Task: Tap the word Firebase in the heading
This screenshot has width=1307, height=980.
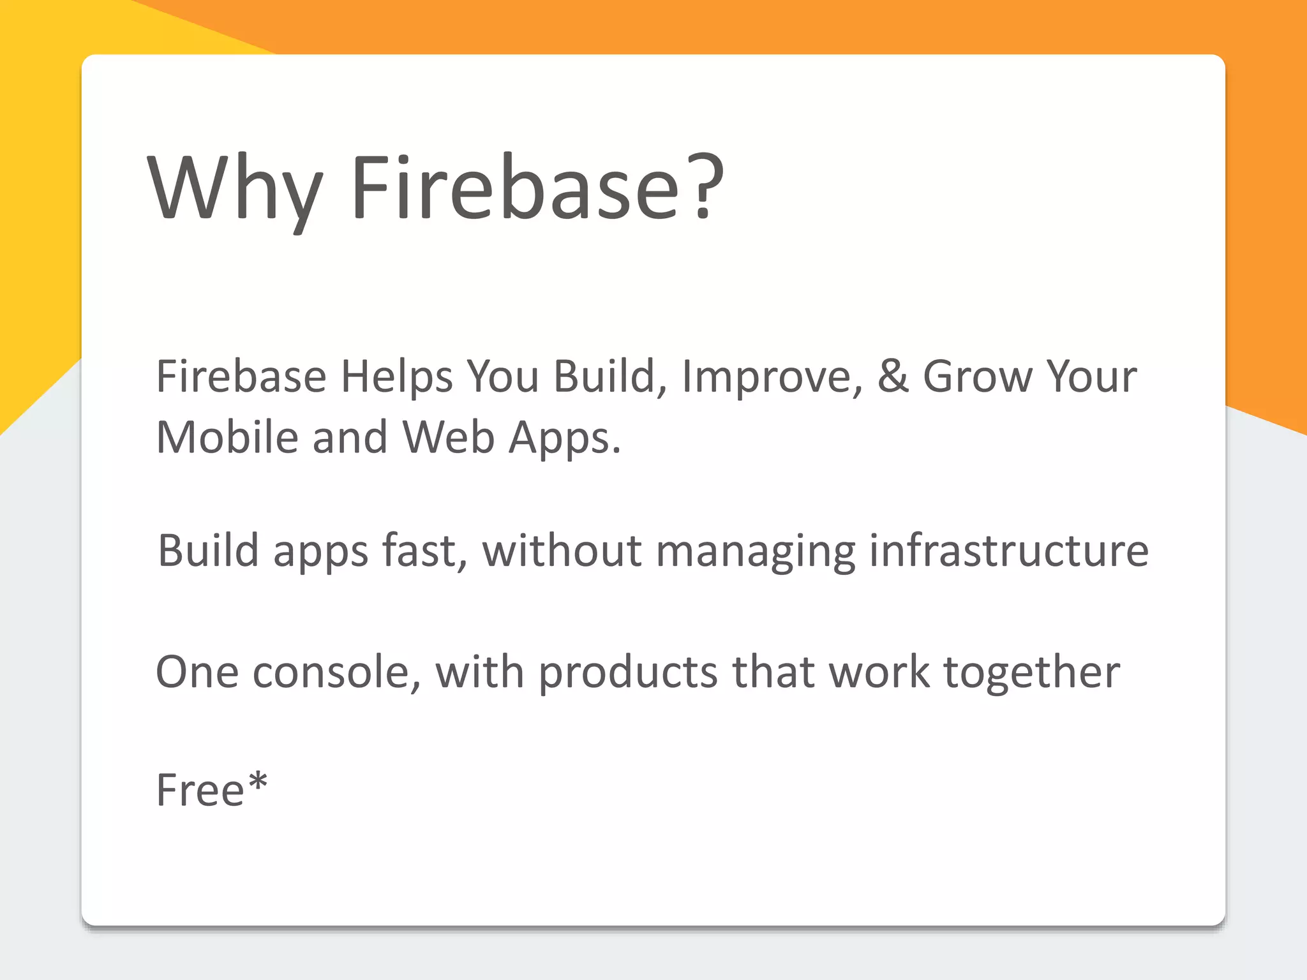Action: [514, 188]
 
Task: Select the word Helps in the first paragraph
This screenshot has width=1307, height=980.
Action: [396, 376]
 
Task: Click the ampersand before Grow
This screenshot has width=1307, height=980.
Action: [893, 376]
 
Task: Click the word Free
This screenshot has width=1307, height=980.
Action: [200, 791]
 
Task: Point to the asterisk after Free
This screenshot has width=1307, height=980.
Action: [258, 780]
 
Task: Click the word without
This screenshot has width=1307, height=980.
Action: [562, 550]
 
